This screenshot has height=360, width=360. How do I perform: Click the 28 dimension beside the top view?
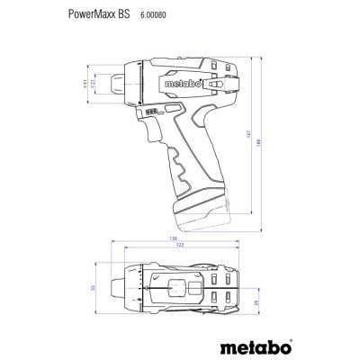pos(256,305)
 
